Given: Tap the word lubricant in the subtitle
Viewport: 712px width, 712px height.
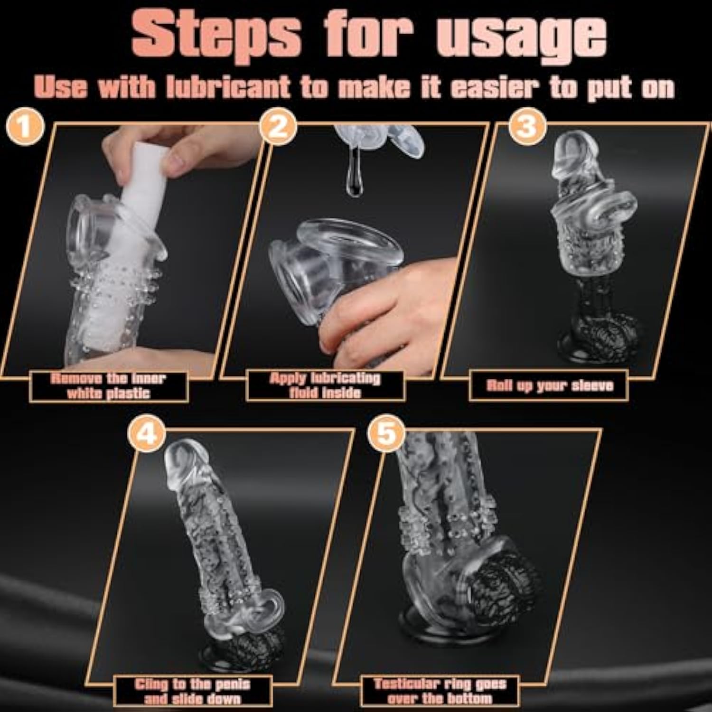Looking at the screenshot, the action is [x=228, y=87].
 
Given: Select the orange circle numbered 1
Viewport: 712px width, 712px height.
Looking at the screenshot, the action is [x=25, y=127].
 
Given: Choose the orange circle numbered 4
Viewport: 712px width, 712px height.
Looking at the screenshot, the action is [x=147, y=432].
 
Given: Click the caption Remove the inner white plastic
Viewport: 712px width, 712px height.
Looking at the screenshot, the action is [x=108, y=385].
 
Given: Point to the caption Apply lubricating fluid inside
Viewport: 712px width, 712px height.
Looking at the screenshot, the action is [x=325, y=385].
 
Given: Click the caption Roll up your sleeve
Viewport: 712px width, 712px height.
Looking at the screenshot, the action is [x=550, y=385].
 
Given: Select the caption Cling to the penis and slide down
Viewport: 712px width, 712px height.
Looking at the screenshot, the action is [x=192, y=691].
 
